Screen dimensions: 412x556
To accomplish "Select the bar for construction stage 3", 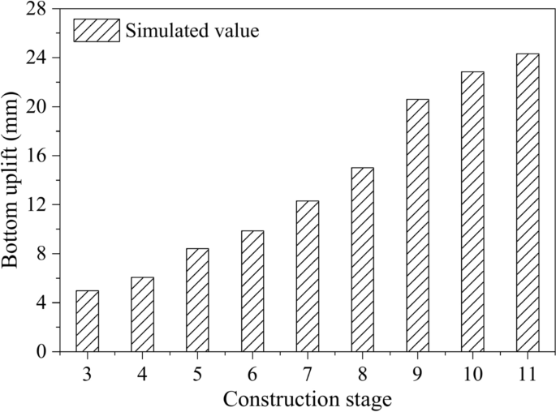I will click(x=87, y=321).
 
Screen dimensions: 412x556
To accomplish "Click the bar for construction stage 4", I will click(x=142, y=315).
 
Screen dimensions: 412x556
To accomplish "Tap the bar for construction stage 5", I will click(x=197, y=300).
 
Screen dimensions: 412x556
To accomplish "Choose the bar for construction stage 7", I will click(x=308, y=277).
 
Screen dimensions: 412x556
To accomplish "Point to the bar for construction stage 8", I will click(x=362, y=260).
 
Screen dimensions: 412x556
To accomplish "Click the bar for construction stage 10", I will click(x=472, y=212).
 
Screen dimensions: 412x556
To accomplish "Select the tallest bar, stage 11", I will click(x=528, y=203).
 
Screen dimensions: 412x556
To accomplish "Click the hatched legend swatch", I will click(x=97, y=31).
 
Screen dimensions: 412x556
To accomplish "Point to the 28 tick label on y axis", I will click(x=37, y=9).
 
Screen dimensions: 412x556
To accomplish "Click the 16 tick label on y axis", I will click(x=37, y=156).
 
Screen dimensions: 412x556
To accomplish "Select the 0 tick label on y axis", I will click(x=41, y=352).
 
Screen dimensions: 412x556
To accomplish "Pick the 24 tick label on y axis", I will click(x=37, y=58).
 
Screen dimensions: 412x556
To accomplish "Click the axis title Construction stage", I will click(x=308, y=398).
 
